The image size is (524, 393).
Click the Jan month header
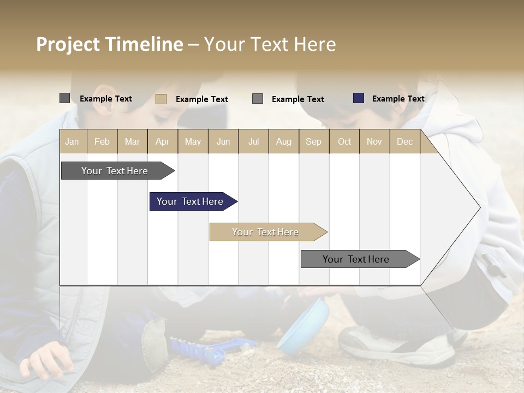pos(73,141)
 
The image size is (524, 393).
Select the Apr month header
pos(163,141)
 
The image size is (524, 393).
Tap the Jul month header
pos(253,141)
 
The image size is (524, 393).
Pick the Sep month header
pos(313,141)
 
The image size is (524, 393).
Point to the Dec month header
pos(404,141)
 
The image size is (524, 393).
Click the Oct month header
pos(344,141)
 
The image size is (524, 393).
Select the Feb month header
pos(102,141)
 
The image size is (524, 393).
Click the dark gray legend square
pos(64,98)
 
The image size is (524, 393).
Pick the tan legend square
pos(161,99)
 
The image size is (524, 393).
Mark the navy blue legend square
pos(358,98)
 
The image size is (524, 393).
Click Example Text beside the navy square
pos(398,99)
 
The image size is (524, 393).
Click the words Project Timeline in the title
pos(109,44)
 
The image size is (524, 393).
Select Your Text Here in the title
pos(270,44)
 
